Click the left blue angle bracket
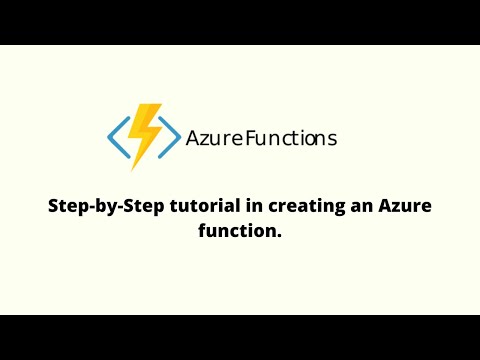click(115, 140)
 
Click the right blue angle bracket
click(173, 140)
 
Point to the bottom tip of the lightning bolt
click(134, 169)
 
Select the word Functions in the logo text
click(291, 139)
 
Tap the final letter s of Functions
click(332, 140)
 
